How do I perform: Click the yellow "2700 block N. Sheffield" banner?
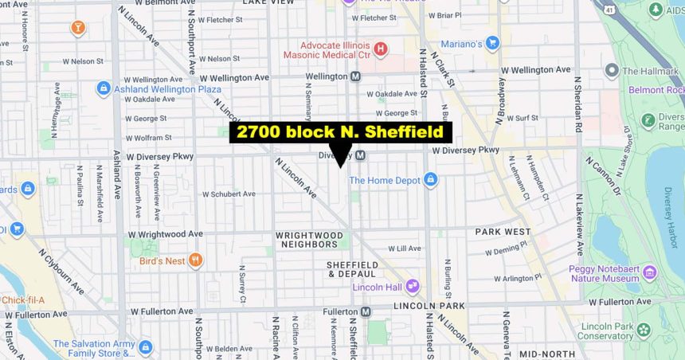(341, 132)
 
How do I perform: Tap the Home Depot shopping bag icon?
(431, 180)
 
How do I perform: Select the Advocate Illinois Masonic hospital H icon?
(381, 49)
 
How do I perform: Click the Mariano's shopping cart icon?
(492, 42)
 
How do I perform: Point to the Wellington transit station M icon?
(355, 76)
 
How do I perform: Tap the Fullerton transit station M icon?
(366, 311)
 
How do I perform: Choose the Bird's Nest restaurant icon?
(196, 260)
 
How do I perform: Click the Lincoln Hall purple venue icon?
(413, 286)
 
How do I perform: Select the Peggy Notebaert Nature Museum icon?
(650, 273)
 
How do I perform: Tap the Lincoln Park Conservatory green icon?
(644, 330)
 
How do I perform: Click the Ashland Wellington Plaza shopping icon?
(103, 88)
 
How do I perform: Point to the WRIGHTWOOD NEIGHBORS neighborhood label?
(308, 240)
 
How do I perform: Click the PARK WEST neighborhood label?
(503, 232)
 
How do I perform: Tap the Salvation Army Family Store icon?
(144, 347)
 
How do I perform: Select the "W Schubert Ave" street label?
(229, 194)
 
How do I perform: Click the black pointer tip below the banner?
(341, 166)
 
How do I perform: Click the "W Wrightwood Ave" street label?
(166, 234)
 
